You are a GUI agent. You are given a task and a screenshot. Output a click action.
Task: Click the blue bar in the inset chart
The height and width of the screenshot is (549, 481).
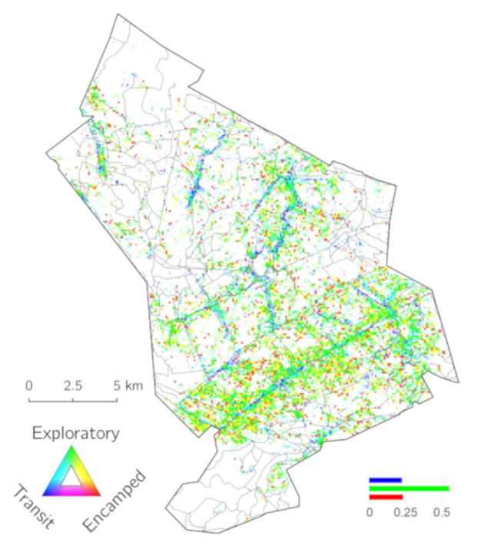tap(385, 480)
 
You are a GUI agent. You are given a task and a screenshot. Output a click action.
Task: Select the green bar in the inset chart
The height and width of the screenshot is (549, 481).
tap(409, 488)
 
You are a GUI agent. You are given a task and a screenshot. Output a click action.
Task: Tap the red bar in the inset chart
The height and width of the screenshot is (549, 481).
tap(386, 497)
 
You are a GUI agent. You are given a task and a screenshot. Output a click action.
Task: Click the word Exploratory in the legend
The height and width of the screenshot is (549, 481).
tap(75, 434)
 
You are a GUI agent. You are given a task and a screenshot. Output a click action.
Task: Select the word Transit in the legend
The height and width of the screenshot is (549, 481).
tap(34, 508)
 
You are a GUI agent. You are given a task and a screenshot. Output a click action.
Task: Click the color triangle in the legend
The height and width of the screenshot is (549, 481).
tap(72, 475)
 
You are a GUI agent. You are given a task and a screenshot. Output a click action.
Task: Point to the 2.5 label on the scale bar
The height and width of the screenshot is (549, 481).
tap(73, 385)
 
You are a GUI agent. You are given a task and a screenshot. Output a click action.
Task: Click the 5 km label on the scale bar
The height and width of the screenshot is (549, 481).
tap(126, 385)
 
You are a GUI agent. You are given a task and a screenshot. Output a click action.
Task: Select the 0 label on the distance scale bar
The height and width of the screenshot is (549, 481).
tap(28, 385)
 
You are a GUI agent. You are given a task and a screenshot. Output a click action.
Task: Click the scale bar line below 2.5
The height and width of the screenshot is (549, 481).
tap(73, 400)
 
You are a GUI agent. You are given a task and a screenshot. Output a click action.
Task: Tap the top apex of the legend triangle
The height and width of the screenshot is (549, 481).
tap(72, 448)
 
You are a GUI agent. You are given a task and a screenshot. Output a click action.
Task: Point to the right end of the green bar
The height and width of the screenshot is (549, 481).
tap(449, 488)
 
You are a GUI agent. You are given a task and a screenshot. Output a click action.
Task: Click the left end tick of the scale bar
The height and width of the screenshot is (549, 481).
tap(28, 398)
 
